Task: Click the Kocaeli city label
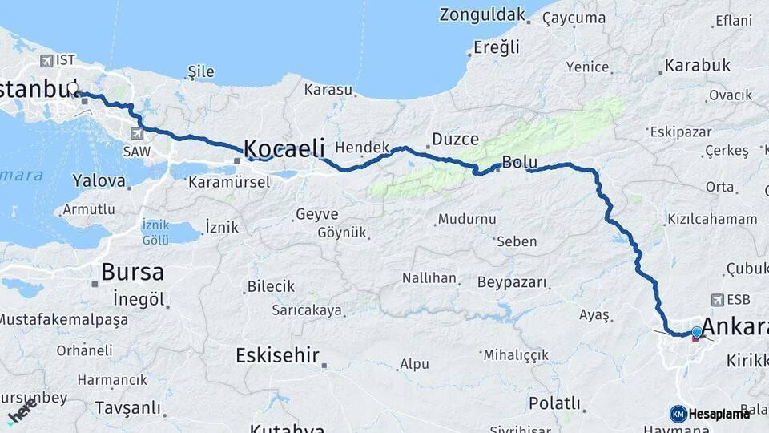[x=284, y=148]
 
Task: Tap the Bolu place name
[x=519, y=163]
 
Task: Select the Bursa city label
[x=133, y=271]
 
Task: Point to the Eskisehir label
[x=278, y=355]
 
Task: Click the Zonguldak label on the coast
[x=482, y=14]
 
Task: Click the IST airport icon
[x=46, y=60]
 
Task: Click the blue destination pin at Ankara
[x=696, y=332]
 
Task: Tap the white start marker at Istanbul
[x=73, y=89]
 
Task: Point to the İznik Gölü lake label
[x=155, y=232]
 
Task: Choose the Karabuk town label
[x=697, y=66]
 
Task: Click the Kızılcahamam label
[x=712, y=219]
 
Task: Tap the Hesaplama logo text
[x=719, y=414]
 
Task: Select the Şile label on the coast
[x=200, y=72]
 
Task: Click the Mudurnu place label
[x=466, y=219]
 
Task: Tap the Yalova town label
[x=99, y=180]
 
